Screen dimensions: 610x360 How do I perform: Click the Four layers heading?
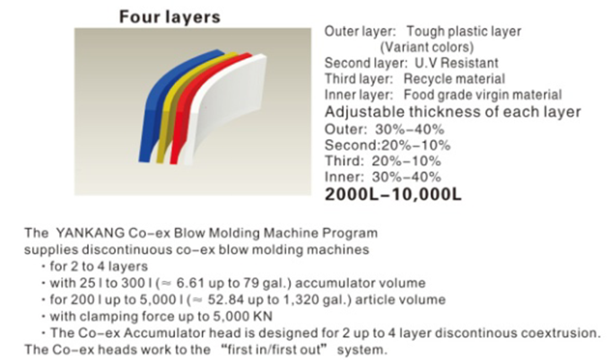click(170, 18)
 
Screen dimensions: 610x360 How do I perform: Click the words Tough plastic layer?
click(464, 31)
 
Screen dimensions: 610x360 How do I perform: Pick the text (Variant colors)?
click(427, 47)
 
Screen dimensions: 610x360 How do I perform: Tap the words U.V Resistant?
click(457, 63)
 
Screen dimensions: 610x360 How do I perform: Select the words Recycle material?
click(455, 79)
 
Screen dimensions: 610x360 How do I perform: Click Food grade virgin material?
click(483, 94)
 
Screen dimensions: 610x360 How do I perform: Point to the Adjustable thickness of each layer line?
click(453, 111)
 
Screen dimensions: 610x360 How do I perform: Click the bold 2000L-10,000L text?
click(393, 194)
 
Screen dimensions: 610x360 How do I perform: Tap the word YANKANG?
click(90, 233)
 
